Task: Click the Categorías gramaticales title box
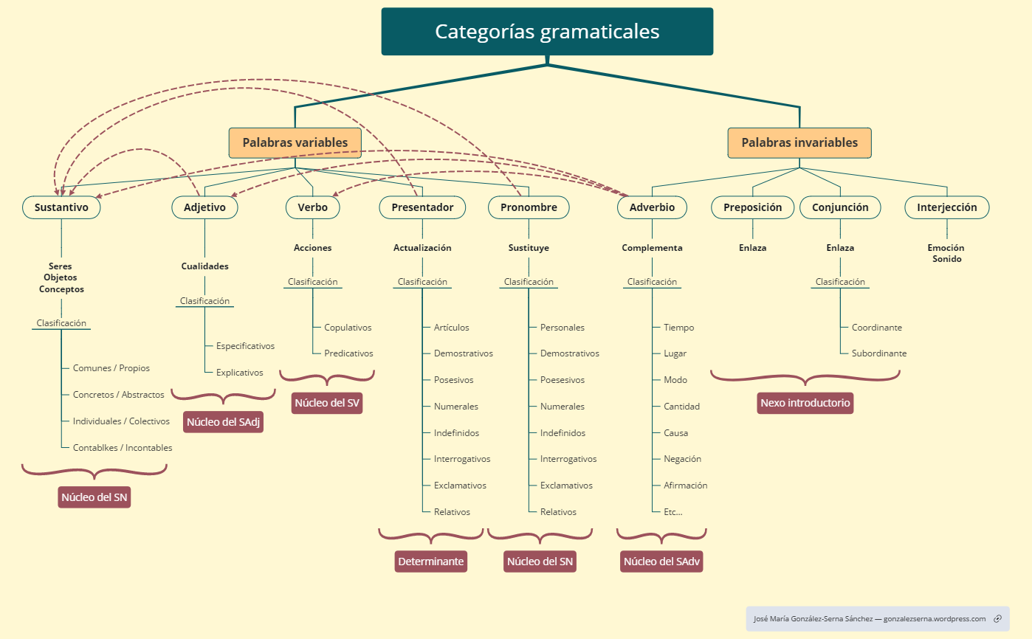pos(547,32)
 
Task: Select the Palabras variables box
pos(295,142)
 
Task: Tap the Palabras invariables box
pos(799,142)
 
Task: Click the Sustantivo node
pos(61,207)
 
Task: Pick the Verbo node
pos(313,207)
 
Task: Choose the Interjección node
pos(946,207)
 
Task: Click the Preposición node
pos(752,207)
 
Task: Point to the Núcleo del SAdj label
pos(224,422)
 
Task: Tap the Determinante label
pos(431,562)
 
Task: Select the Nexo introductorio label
pos(805,403)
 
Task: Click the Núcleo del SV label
pos(327,403)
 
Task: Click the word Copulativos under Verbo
pos(348,328)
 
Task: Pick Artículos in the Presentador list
pos(451,328)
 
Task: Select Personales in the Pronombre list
pos(562,328)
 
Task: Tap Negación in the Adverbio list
pos(682,459)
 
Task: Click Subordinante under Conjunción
pos(878,353)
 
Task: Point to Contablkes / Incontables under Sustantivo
pos(123,448)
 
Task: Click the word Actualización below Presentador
pos(422,248)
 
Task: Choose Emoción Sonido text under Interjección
pos(946,254)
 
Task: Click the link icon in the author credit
pos(997,619)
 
